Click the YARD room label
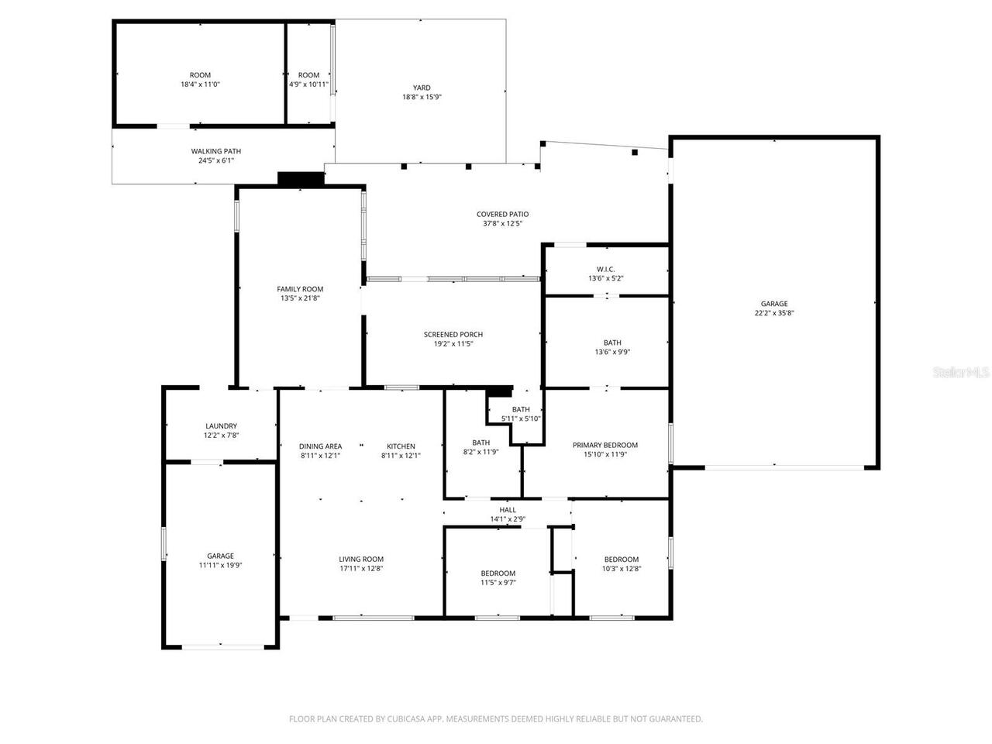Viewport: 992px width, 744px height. pos(422,88)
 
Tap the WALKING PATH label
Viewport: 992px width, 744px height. pos(216,151)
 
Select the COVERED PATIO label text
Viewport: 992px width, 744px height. pos(502,214)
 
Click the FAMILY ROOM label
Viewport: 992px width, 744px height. pos(300,288)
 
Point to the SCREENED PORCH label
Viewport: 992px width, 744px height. pos(453,334)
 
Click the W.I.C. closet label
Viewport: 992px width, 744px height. pos(606,269)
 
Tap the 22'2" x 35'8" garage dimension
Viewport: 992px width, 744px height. pos(773,314)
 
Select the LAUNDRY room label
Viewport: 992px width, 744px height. pos(221,425)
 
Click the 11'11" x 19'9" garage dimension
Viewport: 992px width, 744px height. pos(220,566)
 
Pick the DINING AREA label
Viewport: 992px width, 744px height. pos(320,446)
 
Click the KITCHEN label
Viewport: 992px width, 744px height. pos(401,446)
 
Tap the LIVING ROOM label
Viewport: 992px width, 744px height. pos(360,559)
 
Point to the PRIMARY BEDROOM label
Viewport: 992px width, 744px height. pos(604,445)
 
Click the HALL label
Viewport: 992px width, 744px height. pos(508,509)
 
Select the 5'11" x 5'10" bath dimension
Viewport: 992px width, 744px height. pos(521,418)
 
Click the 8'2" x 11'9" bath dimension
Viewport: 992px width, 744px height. pos(480,452)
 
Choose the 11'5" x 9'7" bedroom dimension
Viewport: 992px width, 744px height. pos(498,583)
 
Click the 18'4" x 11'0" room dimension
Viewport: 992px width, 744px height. pos(200,84)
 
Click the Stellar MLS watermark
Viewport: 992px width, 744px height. pos(960,372)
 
